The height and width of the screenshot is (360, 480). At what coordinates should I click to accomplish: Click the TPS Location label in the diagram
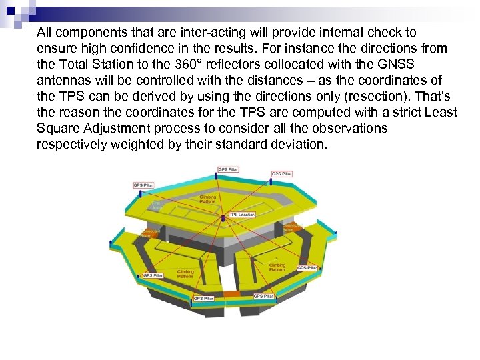[x=243, y=215]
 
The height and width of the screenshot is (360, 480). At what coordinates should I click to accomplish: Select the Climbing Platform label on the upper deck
[x=208, y=199]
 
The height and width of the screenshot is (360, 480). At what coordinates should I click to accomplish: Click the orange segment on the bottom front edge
[x=230, y=293]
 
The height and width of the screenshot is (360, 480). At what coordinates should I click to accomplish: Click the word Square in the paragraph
[x=57, y=128]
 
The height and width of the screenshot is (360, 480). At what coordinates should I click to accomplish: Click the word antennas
[x=61, y=80]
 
